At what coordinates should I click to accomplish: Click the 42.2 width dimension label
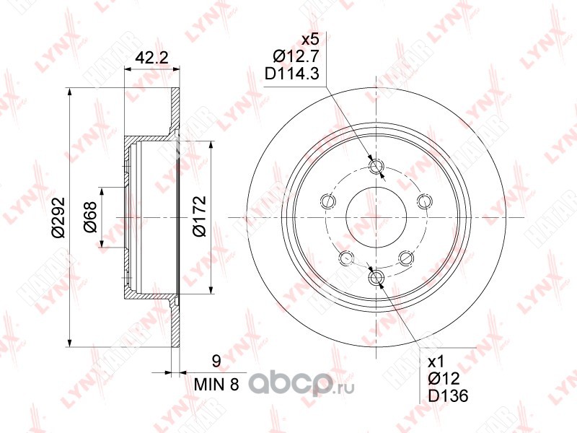[151, 58]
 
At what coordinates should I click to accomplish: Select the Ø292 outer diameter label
[58, 218]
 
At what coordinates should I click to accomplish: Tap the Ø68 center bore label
[90, 217]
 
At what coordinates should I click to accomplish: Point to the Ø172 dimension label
[199, 216]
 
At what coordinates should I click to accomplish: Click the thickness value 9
[217, 362]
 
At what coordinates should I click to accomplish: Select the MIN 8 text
[216, 385]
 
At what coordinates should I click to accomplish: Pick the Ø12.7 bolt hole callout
[296, 56]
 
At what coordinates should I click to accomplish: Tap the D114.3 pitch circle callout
[292, 74]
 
